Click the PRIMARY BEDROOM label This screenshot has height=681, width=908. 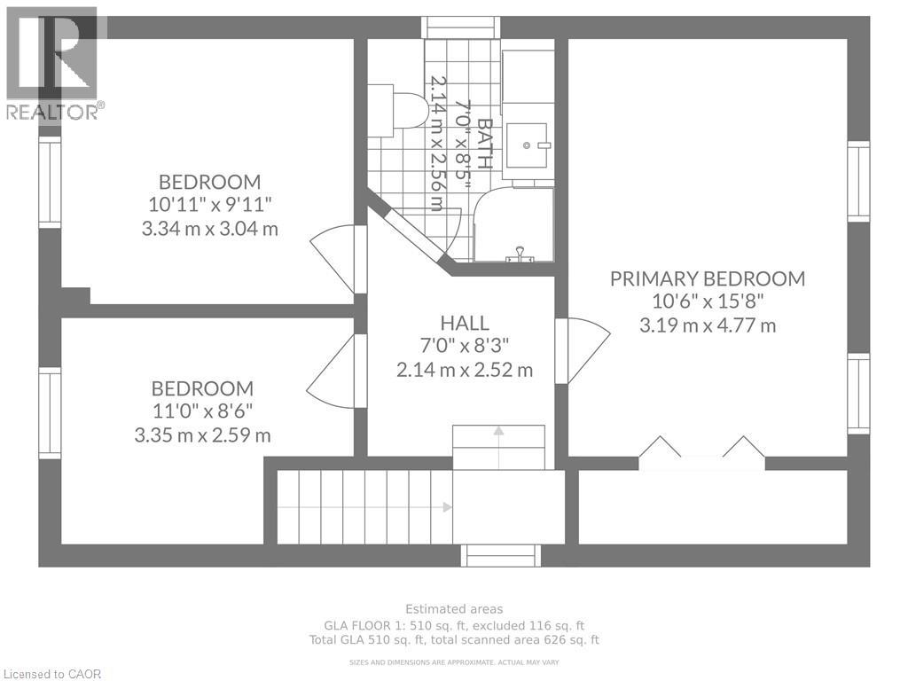click(x=707, y=278)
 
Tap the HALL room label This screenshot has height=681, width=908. click(x=465, y=323)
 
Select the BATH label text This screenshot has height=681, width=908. click(x=485, y=144)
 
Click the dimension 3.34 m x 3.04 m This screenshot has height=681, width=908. click(x=209, y=229)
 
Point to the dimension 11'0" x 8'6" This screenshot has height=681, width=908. click(x=202, y=411)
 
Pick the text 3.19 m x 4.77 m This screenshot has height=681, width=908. click(x=708, y=325)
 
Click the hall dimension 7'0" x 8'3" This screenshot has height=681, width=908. click(x=465, y=346)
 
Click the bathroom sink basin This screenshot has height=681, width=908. click(x=527, y=145)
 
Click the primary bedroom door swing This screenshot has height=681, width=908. click(x=583, y=350)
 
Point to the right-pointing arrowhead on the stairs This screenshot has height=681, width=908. click(x=447, y=507)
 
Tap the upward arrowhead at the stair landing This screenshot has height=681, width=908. click(x=498, y=431)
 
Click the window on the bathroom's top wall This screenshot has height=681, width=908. click(x=461, y=27)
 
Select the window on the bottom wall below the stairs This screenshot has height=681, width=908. click(x=502, y=555)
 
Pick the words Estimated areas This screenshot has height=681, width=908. click(x=454, y=608)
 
